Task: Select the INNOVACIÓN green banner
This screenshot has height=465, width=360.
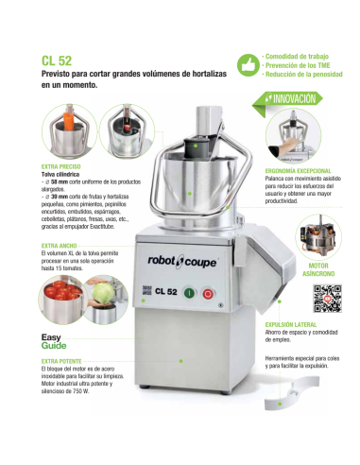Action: (288, 98)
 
